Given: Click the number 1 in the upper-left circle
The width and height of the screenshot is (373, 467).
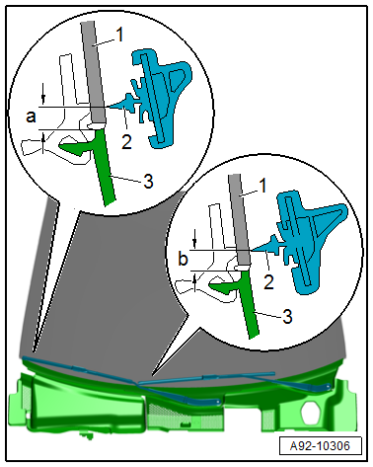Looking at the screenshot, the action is click(120, 35).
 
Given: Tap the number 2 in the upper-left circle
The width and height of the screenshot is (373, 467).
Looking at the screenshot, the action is click(126, 142).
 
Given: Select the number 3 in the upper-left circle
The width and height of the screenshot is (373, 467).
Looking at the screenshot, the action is click(148, 181).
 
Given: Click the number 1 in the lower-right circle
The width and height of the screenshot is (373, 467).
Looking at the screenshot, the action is click(262, 186).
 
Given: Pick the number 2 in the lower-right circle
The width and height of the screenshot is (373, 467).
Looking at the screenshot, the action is click(268, 282).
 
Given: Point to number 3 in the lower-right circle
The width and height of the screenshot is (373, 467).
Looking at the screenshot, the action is click(287, 317).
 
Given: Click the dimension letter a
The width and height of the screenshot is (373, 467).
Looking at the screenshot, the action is click(31, 117).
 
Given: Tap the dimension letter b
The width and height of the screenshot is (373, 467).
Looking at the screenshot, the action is click(183, 259).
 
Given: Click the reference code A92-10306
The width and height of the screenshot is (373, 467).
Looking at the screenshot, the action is click(320, 446).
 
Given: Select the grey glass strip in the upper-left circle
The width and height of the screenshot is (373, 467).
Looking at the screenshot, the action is click(94, 72).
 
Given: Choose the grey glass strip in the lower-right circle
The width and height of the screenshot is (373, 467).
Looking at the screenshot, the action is click(240, 219).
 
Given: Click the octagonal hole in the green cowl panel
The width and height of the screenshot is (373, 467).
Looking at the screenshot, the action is click(312, 413).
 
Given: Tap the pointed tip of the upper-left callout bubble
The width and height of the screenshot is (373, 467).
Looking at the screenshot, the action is click(34, 350).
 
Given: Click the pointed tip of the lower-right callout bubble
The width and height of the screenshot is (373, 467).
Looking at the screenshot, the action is click(152, 375).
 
